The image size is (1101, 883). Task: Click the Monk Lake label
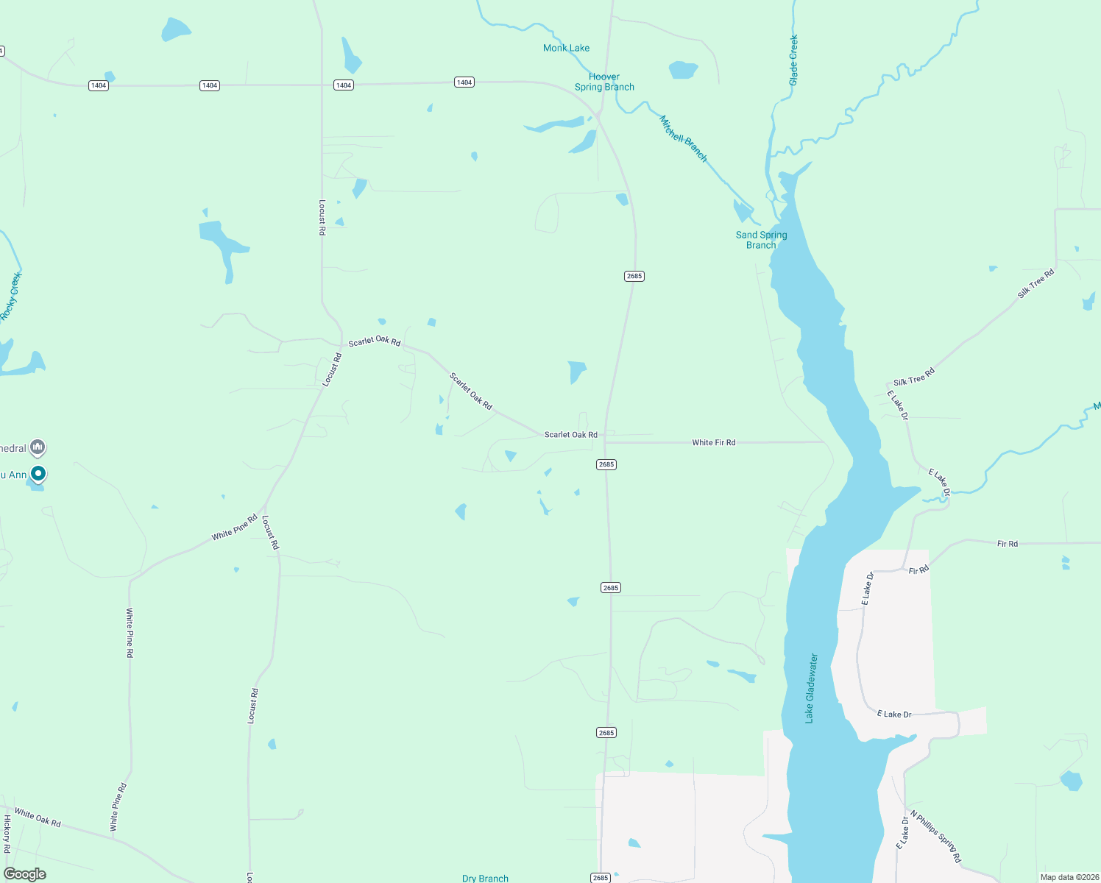tap(566, 49)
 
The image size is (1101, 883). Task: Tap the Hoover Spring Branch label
tap(604, 82)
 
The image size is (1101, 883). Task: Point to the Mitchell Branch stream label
tap(683, 138)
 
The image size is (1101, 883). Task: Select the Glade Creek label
tap(793, 60)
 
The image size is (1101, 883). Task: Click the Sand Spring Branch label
tap(761, 240)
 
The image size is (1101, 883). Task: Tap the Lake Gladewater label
tap(810, 688)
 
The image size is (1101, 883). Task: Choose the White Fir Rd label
tap(713, 443)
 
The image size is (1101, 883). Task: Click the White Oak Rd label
tap(38, 818)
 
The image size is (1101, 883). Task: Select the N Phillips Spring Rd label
tap(935, 837)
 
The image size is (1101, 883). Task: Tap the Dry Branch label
tap(485, 878)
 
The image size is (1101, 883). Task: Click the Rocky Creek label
tap(11, 297)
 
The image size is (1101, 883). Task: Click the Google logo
tap(25, 874)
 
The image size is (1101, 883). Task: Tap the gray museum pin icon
tap(38, 447)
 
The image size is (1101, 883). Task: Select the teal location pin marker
tap(38, 474)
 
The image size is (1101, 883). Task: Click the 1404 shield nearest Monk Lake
tap(464, 82)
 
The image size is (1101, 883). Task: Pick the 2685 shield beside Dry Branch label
tap(601, 877)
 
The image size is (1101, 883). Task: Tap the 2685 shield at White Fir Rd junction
tap(606, 464)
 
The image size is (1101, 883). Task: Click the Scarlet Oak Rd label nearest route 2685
tap(570, 435)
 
